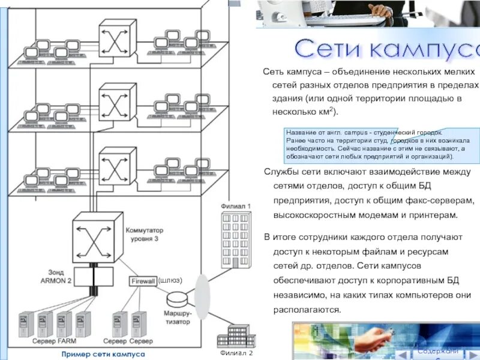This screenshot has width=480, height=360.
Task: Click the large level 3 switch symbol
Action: [93, 238]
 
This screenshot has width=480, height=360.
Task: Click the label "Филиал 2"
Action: [236, 353]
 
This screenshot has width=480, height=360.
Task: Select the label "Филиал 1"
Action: [236, 206]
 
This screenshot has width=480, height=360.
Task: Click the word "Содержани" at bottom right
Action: [439, 351]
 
